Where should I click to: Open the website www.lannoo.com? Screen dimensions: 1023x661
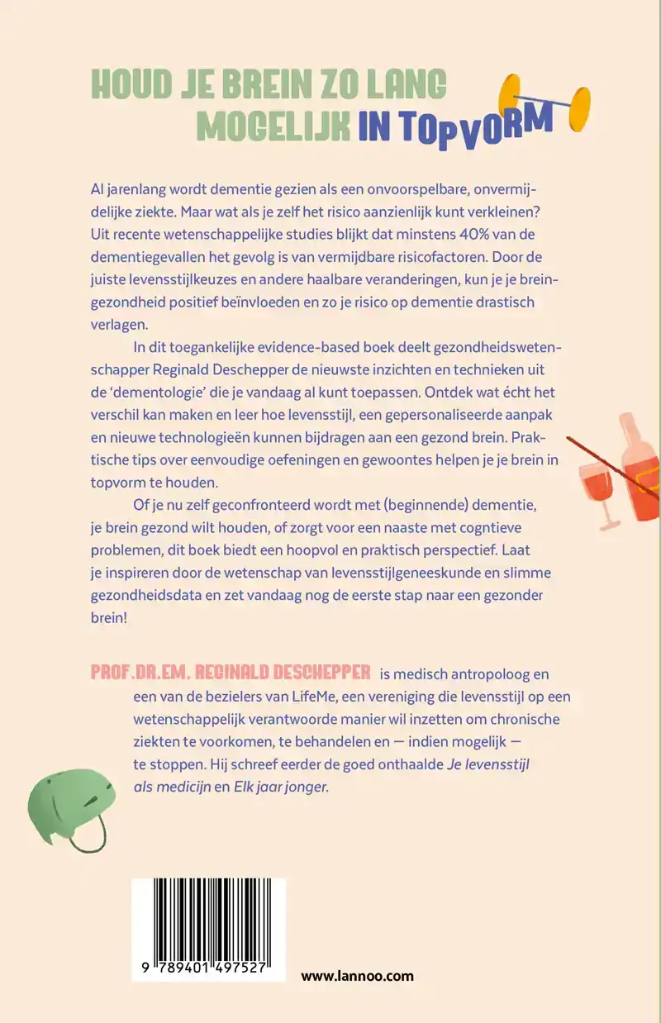point(357,976)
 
